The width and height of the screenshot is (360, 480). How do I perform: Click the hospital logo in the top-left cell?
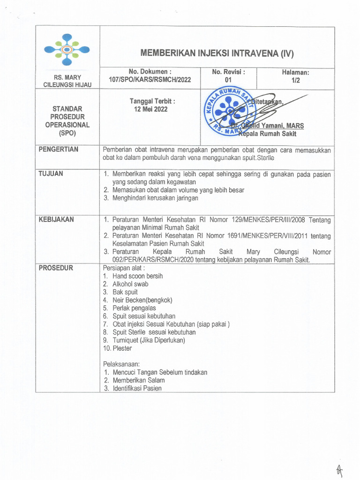tap(67, 50)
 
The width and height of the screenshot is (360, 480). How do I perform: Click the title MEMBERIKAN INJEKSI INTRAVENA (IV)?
tap(217, 53)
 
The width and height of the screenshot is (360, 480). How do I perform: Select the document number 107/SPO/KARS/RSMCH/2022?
tap(150, 80)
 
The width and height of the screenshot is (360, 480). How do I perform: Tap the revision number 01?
tap(228, 80)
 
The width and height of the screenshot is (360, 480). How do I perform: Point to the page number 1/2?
tap(295, 80)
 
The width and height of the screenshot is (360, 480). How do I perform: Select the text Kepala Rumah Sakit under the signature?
tap(268, 134)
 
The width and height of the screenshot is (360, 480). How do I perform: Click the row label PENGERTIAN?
tap(59, 150)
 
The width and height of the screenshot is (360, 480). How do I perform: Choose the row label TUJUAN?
tap(51, 174)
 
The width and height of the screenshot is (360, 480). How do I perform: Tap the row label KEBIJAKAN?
tap(56, 219)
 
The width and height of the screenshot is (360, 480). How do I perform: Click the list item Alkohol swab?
tap(130, 284)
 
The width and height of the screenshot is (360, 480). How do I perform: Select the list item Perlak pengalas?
tap(134, 308)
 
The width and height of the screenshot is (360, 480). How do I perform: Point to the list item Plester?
tap(122, 348)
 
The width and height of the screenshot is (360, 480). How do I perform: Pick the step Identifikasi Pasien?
tap(136, 388)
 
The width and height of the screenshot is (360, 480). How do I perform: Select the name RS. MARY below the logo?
tap(67, 77)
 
